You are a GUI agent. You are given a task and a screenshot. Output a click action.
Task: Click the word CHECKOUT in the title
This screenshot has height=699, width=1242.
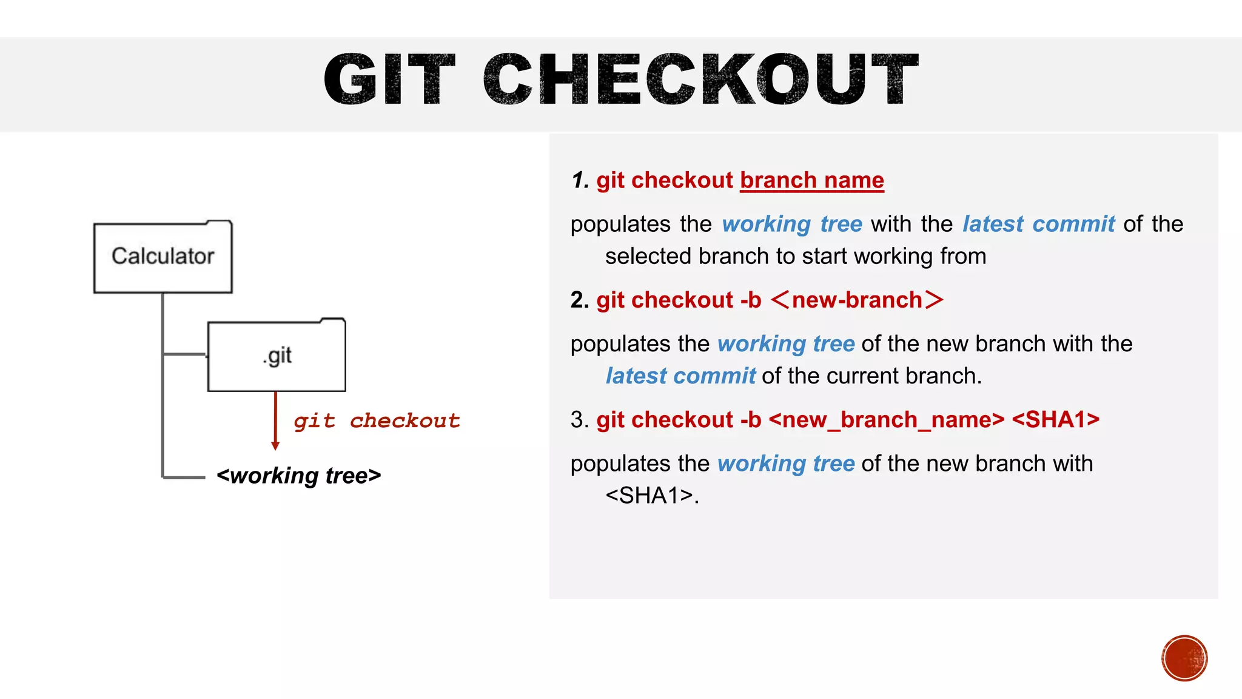coord(700,79)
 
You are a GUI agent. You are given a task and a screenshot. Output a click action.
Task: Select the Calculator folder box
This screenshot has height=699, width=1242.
coord(163,257)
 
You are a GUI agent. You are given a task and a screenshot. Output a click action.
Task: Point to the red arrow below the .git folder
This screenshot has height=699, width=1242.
coord(275,421)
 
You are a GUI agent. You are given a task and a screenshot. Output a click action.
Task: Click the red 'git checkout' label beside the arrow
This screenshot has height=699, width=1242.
coord(377,420)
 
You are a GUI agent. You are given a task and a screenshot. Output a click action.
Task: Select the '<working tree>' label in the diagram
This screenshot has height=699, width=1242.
coord(298,476)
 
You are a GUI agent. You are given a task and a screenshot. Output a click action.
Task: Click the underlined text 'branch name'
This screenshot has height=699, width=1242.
coord(811,180)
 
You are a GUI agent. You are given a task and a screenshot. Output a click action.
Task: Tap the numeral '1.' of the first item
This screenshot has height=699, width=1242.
coord(580,180)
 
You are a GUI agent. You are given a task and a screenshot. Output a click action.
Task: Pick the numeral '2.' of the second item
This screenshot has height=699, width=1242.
coord(580,300)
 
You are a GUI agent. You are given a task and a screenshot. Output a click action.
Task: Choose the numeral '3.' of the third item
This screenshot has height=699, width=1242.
coord(580,419)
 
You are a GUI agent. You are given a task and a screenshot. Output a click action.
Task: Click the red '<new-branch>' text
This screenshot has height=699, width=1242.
coord(857,300)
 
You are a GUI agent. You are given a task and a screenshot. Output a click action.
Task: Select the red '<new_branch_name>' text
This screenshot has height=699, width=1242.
coord(886,419)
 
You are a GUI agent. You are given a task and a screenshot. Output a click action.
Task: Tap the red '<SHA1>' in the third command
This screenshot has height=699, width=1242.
coord(1055,419)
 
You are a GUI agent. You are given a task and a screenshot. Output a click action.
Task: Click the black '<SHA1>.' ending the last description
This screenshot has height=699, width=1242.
coord(652,496)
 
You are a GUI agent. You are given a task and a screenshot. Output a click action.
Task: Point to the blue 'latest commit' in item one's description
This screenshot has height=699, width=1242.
coord(1038,224)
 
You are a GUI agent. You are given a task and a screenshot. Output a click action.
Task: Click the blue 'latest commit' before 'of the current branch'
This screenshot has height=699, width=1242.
coord(680,376)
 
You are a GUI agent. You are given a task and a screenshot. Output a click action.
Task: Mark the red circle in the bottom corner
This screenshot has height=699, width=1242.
coord(1184,658)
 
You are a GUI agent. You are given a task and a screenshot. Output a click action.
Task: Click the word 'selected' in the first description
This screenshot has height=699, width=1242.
coord(648,256)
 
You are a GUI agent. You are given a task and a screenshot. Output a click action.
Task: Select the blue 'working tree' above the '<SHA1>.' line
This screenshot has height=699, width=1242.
coord(785,464)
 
